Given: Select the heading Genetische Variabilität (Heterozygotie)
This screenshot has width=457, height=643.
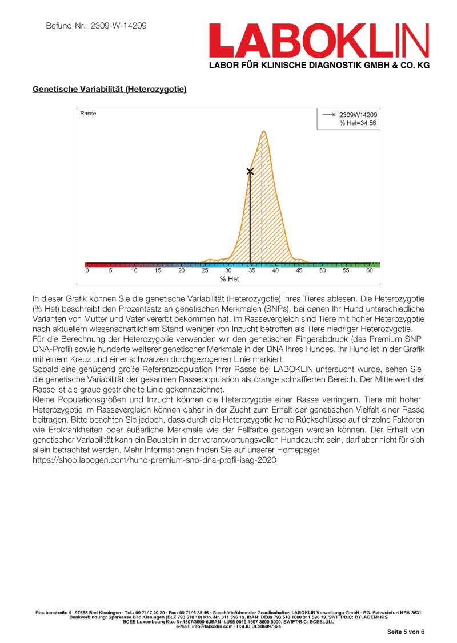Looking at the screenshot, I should (x=110, y=90).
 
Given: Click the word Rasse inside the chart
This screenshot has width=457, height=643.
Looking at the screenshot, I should (x=88, y=114).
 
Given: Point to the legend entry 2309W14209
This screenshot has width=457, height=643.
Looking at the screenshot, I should (x=358, y=115).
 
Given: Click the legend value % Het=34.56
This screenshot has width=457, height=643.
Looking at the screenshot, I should (x=358, y=123).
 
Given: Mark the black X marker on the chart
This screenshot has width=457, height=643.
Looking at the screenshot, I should (x=250, y=171).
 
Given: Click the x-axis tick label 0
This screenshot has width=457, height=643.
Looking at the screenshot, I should (x=87, y=271).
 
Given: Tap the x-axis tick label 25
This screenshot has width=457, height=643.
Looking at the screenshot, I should (x=205, y=271).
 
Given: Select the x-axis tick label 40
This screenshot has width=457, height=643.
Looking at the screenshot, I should (x=275, y=271).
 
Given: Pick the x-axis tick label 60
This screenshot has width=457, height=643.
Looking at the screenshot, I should (x=370, y=271).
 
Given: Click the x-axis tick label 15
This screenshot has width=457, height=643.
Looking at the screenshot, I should (x=157, y=271).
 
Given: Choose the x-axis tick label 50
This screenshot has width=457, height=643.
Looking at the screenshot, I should (x=323, y=271).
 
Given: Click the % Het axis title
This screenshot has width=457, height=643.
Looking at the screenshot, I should (x=229, y=279).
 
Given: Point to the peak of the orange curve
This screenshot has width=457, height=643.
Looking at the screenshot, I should (x=263, y=132).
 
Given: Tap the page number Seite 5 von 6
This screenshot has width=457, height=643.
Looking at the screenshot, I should (x=406, y=632).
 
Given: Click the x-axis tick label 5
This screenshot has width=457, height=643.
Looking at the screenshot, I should (x=110, y=271).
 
